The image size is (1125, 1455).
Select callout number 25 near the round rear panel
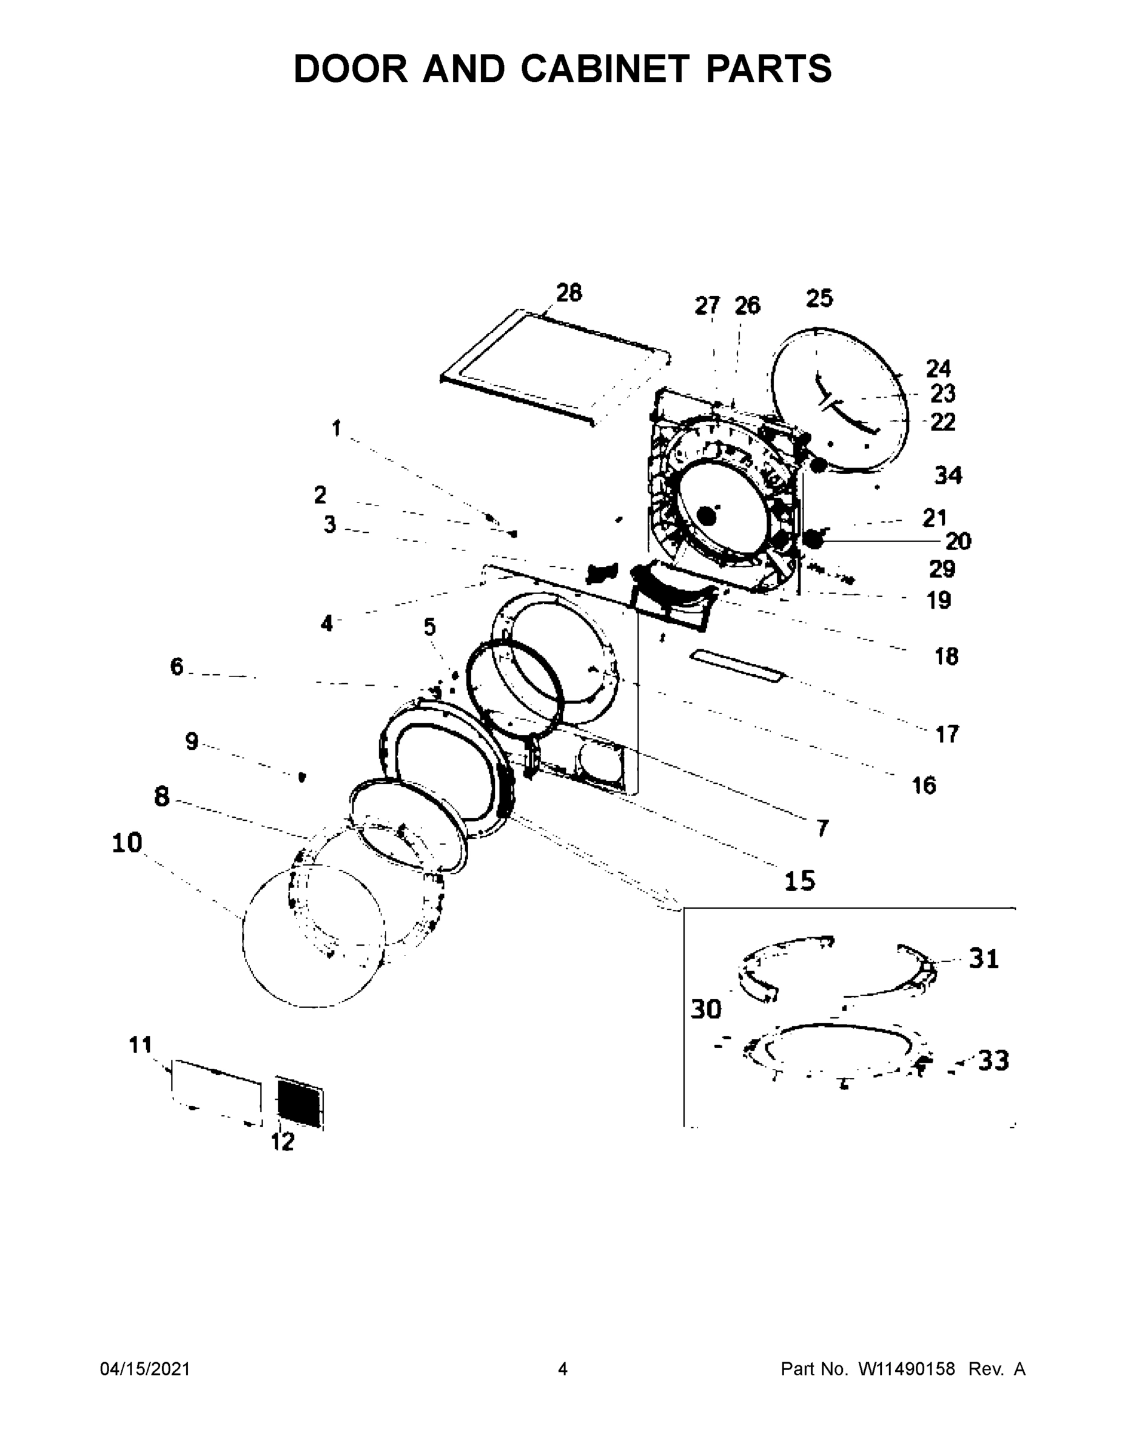(819, 298)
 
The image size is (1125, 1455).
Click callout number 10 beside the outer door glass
(127, 843)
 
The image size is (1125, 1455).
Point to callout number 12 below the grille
(283, 1142)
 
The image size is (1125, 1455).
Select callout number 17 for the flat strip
(947, 734)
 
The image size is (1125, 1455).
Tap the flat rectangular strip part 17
(736, 667)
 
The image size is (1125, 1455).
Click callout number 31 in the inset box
(983, 958)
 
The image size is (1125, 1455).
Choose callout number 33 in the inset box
(993, 1060)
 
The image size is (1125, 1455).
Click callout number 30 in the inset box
(706, 1009)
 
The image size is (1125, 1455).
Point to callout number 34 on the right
(948, 475)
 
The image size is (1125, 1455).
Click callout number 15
(800, 881)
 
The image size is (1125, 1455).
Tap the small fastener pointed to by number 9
(302, 776)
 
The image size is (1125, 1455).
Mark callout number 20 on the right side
(958, 541)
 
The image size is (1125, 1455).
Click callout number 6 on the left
(176, 666)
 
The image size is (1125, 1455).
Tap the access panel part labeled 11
(215, 1092)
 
